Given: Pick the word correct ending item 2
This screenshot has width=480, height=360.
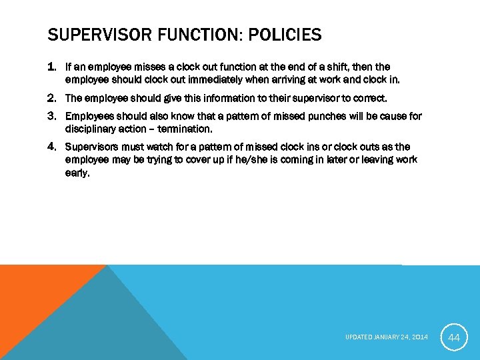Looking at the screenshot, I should point(370,98).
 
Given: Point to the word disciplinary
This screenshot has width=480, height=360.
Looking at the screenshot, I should point(91,129).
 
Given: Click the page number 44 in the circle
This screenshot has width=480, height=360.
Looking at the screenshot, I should point(454,338).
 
